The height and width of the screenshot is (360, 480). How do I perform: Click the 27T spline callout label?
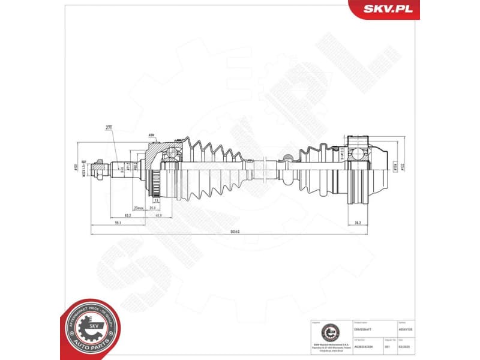[x=109, y=128]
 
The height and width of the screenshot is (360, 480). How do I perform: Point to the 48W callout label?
[x=151, y=135]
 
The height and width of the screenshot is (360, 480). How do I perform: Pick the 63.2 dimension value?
[x=128, y=215]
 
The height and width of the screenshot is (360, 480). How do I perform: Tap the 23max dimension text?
[x=139, y=207]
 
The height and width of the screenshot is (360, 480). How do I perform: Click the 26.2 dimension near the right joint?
[x=358, y=223]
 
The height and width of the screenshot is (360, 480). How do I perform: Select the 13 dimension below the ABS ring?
[x=156, y=200]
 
